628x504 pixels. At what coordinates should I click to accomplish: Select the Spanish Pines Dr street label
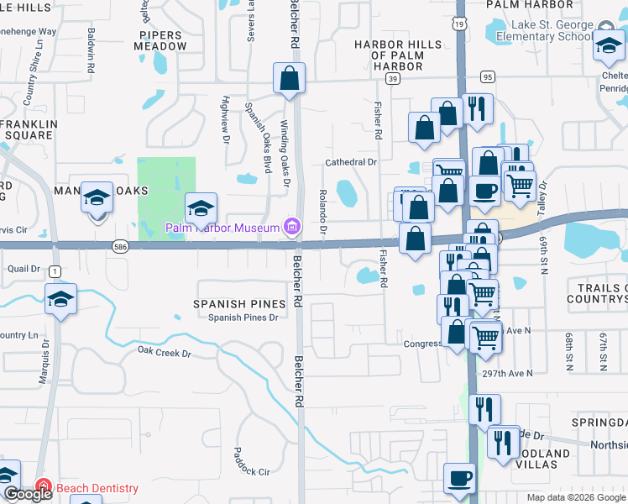243,318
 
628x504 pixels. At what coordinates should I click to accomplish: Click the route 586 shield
121,246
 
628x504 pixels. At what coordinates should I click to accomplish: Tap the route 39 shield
392,78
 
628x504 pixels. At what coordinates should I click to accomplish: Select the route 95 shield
488,77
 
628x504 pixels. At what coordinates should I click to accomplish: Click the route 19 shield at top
461,26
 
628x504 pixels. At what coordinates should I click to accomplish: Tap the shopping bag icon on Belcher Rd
288,79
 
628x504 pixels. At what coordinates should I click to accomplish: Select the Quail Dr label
24,269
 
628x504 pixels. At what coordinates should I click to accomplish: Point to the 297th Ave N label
508,373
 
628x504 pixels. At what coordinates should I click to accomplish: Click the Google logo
28,494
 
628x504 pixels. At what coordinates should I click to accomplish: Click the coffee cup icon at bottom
458,478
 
